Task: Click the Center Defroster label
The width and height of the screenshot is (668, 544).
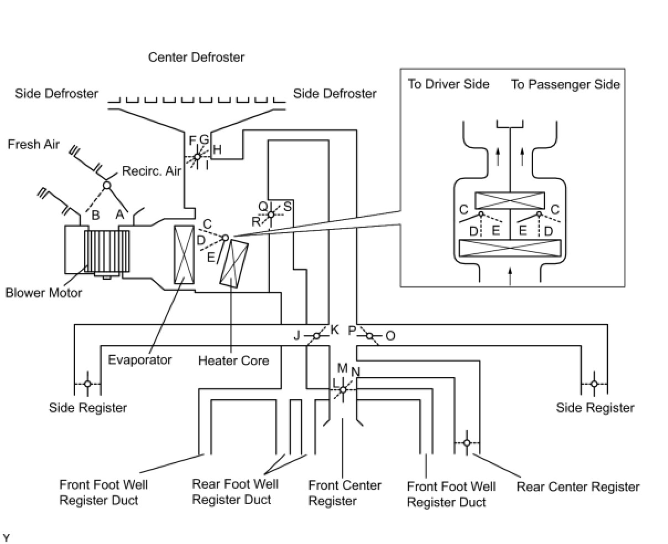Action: point(196,57)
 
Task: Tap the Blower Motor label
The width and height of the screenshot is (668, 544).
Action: point(43,292)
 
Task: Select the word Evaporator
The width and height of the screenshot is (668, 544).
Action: point(139,360)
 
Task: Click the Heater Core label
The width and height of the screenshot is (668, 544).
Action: point(233,360)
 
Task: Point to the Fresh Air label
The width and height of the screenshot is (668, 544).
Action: point(33,144)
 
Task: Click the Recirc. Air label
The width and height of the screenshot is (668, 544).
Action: point(152,171)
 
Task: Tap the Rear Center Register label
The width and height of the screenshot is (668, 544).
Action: point(578,487)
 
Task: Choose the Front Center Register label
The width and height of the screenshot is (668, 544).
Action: point(345,493)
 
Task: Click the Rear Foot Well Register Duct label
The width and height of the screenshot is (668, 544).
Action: point(235,491)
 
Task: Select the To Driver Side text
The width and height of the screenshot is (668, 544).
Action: point(448,84)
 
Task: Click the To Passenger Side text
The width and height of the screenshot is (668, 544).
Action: point(565,85)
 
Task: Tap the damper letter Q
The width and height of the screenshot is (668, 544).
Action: point(263,206)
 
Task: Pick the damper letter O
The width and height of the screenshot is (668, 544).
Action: point(390,336)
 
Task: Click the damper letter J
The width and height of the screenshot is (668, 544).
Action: point(297,336)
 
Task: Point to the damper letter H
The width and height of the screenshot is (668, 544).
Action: point(217,149)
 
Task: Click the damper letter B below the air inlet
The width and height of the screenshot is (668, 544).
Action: point(96,216)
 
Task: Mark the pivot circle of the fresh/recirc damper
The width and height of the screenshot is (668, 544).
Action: point(107,185)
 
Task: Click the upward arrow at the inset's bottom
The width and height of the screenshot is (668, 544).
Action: point(510,274)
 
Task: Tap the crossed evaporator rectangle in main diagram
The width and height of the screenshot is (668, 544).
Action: point(184,254)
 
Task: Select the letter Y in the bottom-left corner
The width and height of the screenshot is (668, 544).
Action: point(6,537)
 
